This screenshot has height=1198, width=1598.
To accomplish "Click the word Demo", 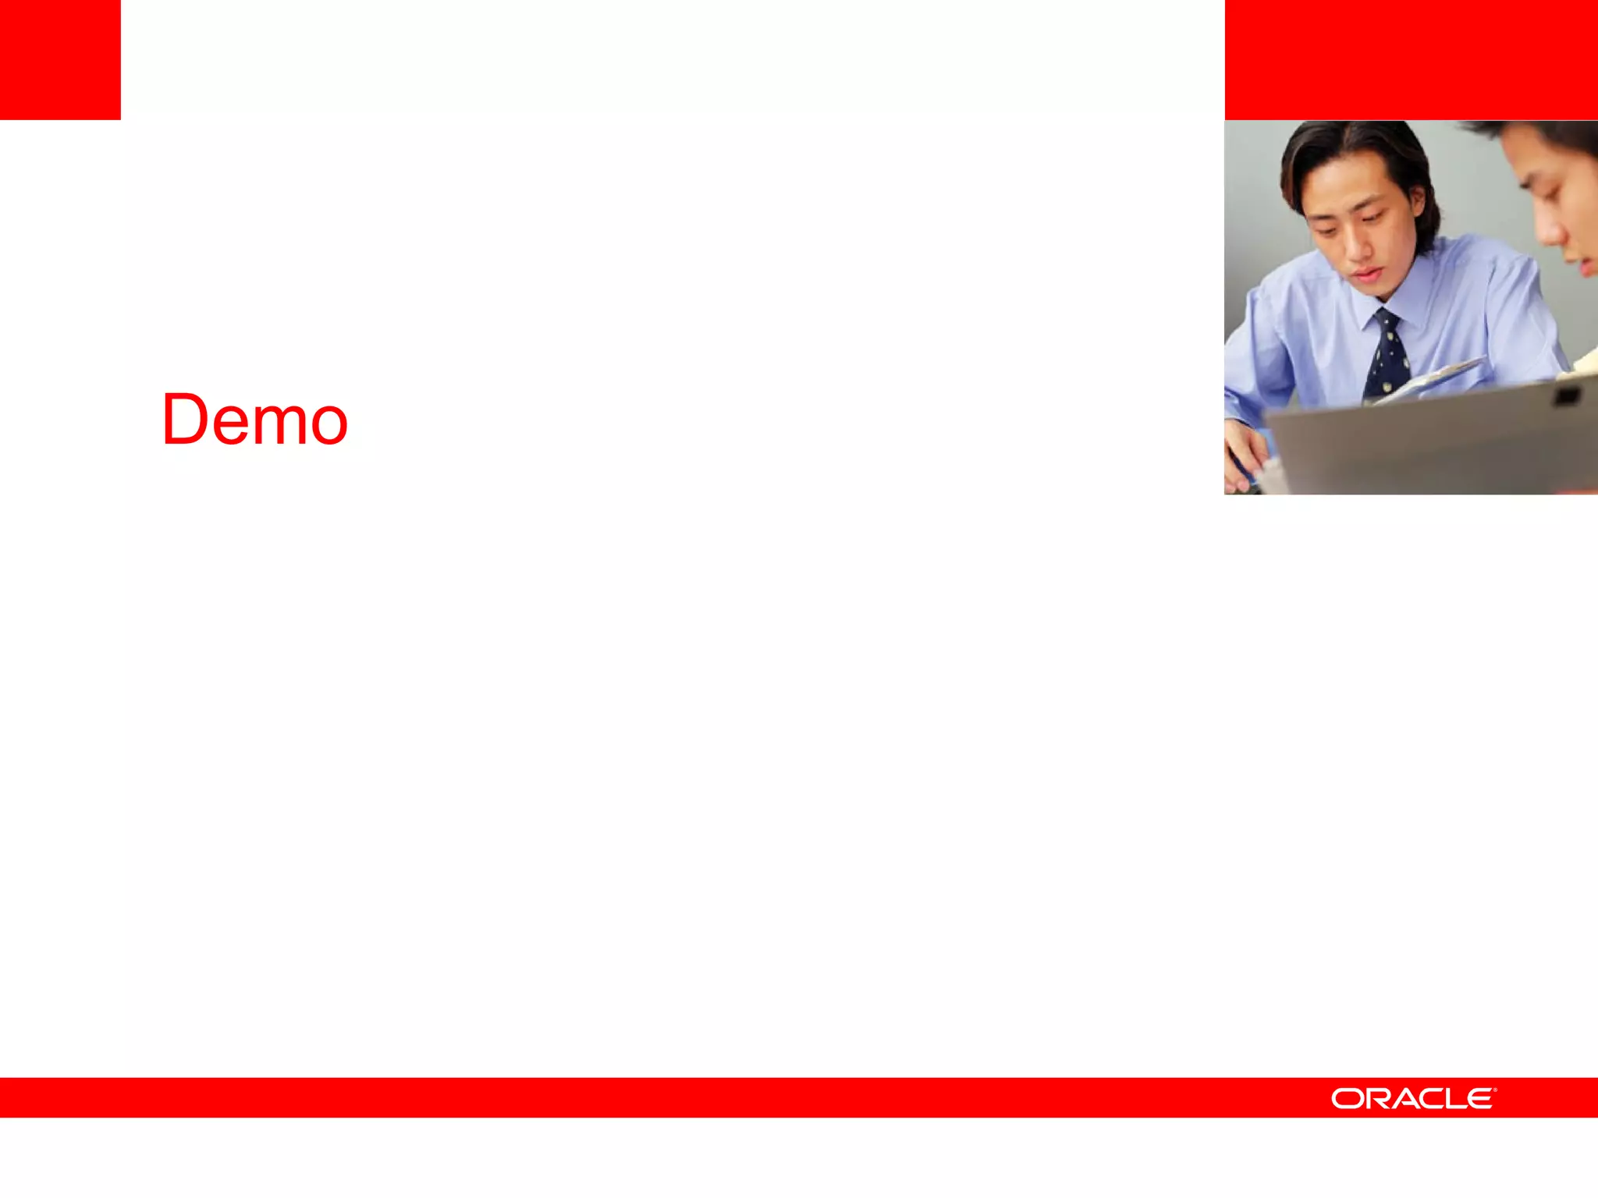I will [254, 420].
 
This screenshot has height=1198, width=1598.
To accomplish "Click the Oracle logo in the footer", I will [1413, 1099].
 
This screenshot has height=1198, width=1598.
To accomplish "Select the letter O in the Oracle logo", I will [1346, 1099].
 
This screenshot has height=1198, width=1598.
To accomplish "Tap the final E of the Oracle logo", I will [1480, 1099].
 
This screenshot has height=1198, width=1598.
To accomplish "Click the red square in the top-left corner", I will [60, 59].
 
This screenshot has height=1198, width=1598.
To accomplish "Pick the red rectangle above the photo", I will [1411, 59].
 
